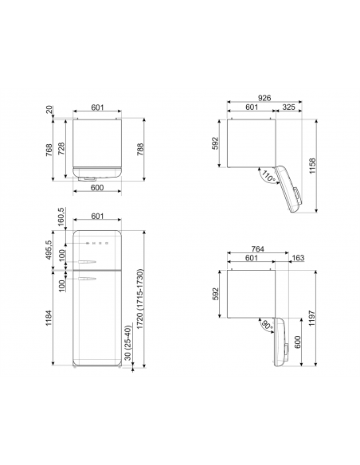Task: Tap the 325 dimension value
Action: point(288,107)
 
